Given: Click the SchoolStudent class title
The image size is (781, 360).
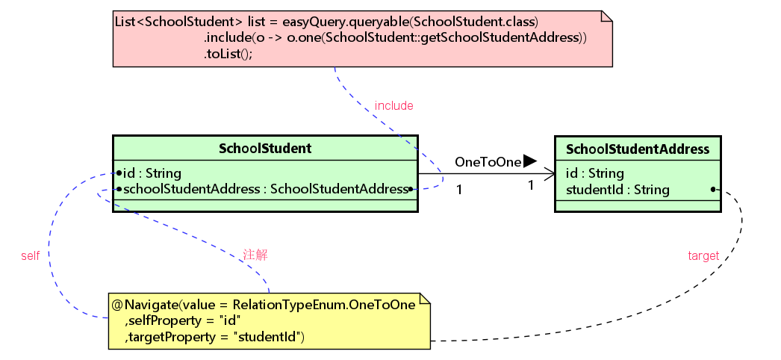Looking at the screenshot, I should pyautogui.click(x=265, y=149).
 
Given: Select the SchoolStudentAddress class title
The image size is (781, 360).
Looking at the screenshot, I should pyautogui.click(x=638, y=149).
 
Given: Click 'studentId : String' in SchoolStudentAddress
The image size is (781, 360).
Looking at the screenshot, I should pyautogui.click(x=617, y=190).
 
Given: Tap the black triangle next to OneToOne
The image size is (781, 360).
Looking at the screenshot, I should pyautogui.click(x=529, y=161).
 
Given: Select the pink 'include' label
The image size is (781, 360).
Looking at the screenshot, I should pyautogui.click(x=393, y=106).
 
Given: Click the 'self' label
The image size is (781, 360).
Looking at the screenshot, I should pyautogui.click(x=30, y=255).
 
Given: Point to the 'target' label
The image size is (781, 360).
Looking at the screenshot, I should pyautogui.click(x=703, y=255).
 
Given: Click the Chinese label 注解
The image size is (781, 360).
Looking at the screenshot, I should pyautogui.click(x=255, y=255).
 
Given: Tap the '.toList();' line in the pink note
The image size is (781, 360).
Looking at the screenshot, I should pyautogui.click(x=228, y=54).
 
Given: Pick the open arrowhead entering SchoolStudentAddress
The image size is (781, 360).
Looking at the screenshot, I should pyautogui.click(x=550, y=175).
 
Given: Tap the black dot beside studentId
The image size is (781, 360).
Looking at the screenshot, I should pyautogui.click(x=713, y=189).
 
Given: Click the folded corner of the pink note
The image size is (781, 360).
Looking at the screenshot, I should pyautogui.click(x=606, y=16).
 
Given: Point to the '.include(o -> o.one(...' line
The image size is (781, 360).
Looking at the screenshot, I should pyautogui.click(x=396, y=37).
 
